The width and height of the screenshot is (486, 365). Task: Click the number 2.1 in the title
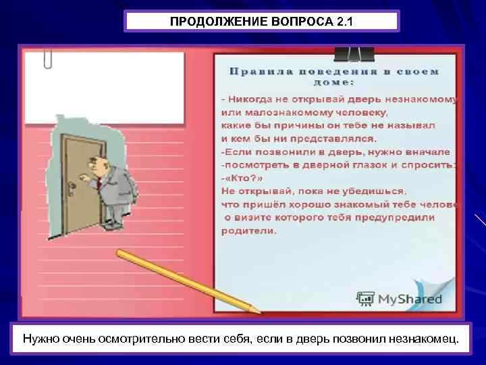pos(343,22)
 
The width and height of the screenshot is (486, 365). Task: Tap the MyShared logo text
pos(410,299)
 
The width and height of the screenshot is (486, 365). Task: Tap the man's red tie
pos(99,181)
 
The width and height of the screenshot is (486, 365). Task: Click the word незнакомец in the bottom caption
pos(419,337)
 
